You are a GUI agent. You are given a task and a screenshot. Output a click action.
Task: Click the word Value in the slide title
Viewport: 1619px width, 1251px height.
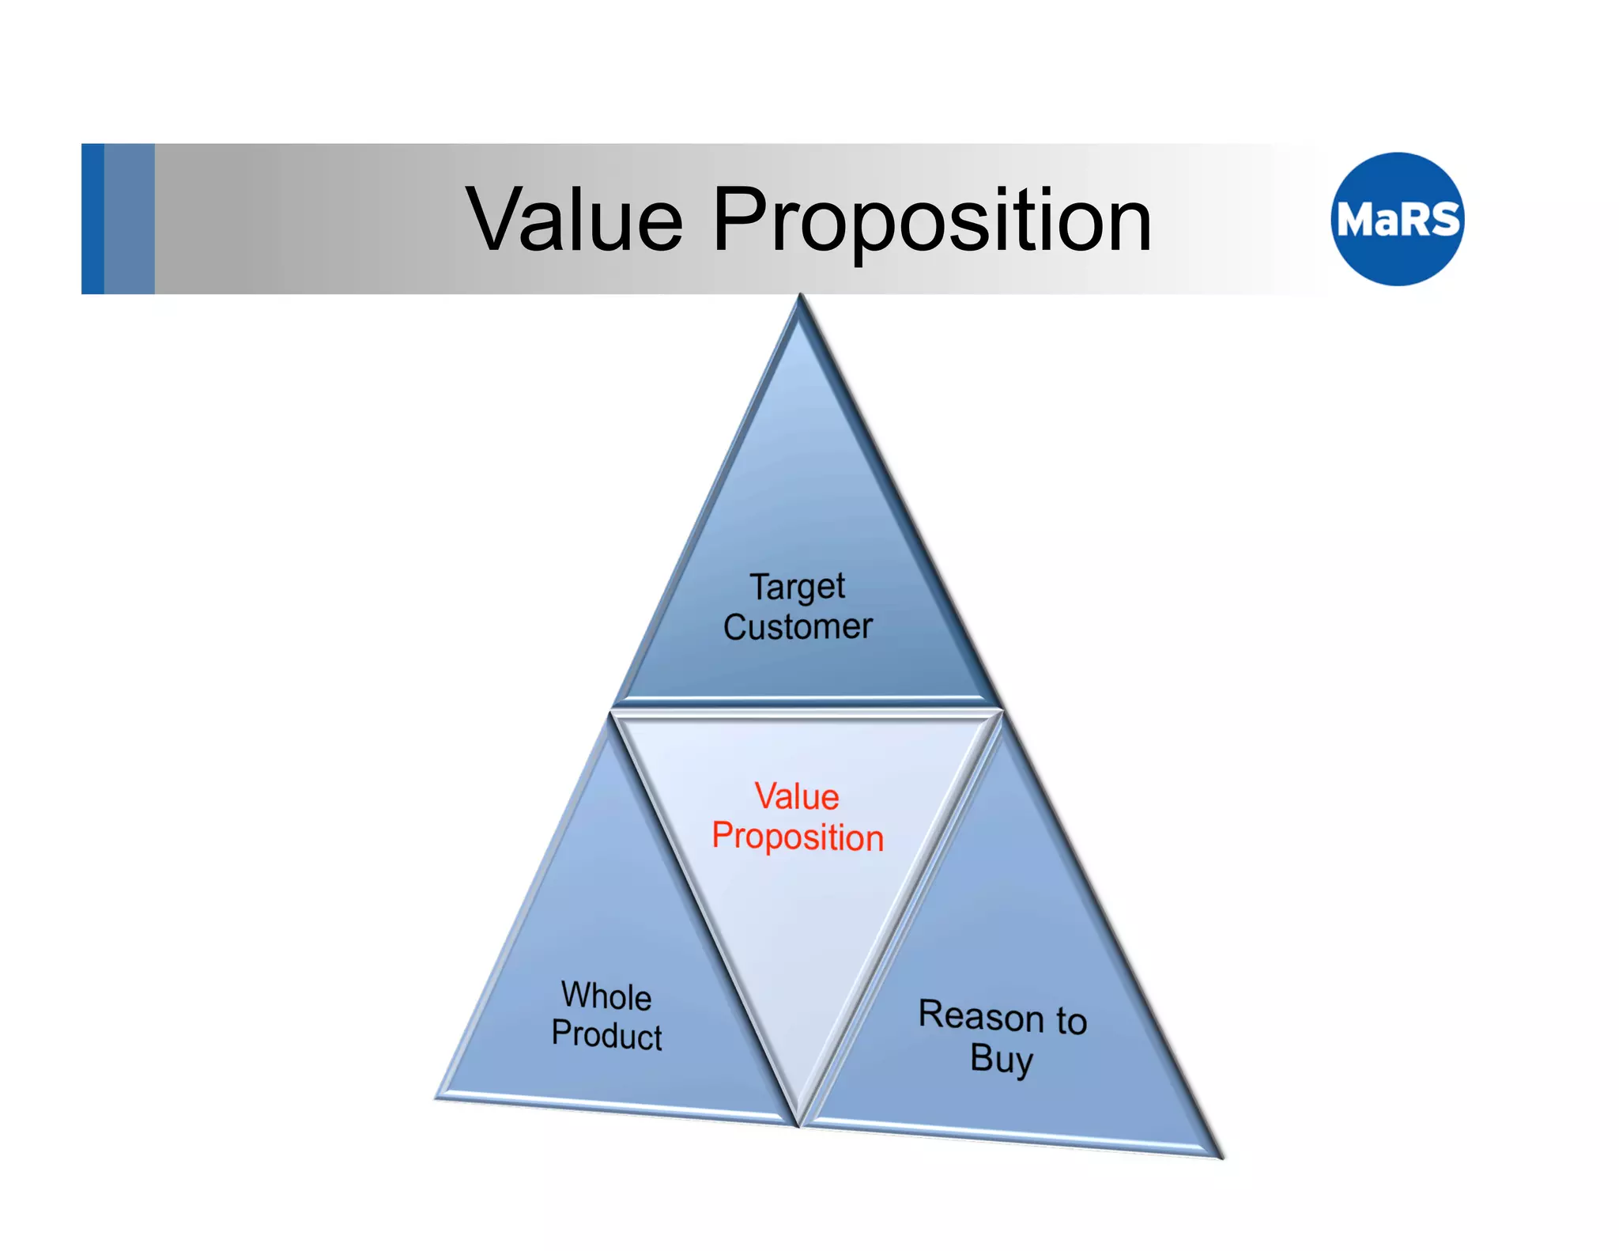575,220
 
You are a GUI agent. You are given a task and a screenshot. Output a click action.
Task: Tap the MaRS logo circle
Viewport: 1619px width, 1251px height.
1397,219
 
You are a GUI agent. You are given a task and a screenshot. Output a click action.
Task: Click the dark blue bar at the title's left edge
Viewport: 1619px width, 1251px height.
92,219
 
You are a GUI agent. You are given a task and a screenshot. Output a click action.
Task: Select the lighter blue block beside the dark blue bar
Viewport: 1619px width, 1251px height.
129,219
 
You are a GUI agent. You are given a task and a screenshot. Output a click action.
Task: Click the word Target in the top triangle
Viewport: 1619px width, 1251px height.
797,587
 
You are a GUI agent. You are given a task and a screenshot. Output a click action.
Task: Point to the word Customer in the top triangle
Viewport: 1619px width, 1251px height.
797,627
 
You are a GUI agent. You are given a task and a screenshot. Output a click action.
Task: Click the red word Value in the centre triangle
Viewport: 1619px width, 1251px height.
796,796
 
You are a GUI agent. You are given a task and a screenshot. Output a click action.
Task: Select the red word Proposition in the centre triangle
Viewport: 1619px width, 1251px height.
797,837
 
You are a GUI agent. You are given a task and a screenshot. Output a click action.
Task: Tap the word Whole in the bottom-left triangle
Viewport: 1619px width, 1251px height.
606,996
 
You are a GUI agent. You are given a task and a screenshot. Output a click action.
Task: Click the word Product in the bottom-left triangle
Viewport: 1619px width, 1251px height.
606,1034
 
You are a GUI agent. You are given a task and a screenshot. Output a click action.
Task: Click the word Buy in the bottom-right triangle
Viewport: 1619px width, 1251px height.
1001,1059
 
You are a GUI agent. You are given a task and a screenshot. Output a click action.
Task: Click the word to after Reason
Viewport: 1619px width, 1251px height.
1071,1021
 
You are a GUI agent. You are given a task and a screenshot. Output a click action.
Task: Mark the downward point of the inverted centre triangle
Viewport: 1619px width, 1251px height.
799,1123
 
